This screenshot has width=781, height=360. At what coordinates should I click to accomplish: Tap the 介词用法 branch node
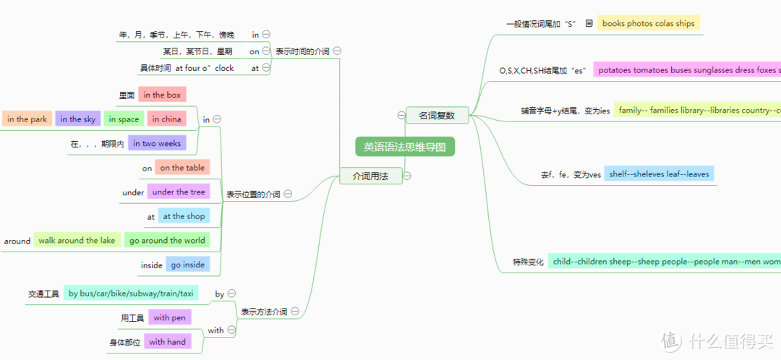[x=371, y=176]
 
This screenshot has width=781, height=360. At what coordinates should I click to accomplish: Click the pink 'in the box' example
[x=162, y=95]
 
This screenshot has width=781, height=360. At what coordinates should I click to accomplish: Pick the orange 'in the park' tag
[x=27, y=119]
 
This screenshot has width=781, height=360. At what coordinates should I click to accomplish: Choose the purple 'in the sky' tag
[x=77, y=119]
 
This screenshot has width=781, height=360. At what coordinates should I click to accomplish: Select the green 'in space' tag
[x=123, y=119]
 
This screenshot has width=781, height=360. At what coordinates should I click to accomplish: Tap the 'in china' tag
[x=166, y=119]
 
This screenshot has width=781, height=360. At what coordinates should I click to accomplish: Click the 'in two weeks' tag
[x=157, y=144]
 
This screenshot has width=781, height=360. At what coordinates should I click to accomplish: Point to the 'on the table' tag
[x=182, y=168]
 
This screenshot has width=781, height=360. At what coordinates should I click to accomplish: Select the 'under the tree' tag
[x=179, y=192]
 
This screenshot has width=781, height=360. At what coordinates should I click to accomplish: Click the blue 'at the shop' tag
[x=184, y=216]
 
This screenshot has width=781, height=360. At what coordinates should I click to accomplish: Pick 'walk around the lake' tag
[x=77, y=241]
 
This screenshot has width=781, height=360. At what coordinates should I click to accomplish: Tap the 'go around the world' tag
[x=167, y=241]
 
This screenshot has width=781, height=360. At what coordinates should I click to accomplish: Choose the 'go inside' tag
[x=188, y=265]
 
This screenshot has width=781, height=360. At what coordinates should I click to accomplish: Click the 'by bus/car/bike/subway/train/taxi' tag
[x=130, y=293]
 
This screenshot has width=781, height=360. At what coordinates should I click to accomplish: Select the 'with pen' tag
[x=169, y=317]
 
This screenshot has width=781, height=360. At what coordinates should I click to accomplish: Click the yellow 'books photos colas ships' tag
[x=648, y=23]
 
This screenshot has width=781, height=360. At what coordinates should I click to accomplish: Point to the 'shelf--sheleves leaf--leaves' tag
[x=659, y=174]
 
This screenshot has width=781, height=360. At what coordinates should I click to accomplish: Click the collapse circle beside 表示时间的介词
[x=338, y=51]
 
